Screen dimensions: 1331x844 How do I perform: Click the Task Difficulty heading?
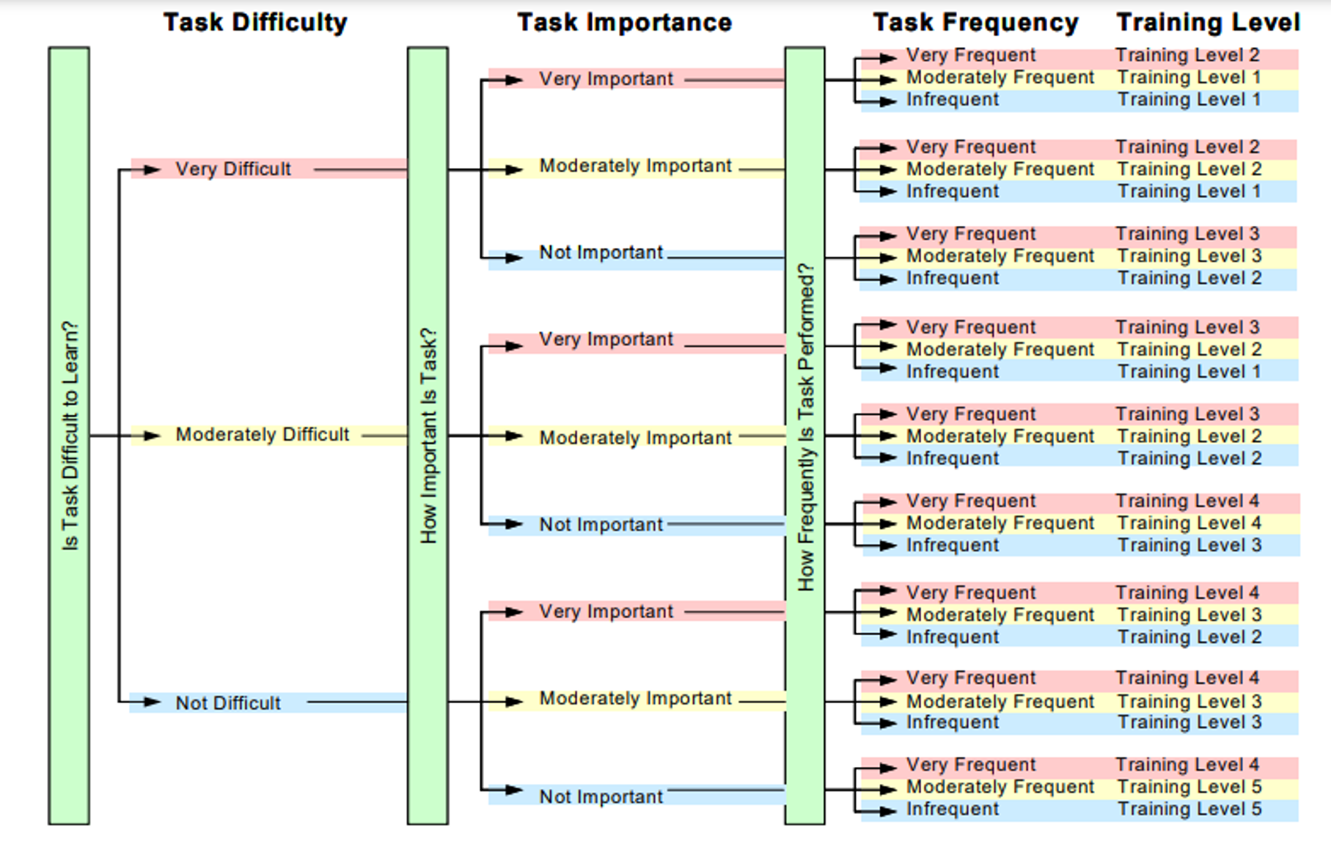(255, 23)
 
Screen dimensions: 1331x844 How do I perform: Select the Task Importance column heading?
(624, 23)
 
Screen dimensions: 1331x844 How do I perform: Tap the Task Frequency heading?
(975, 23)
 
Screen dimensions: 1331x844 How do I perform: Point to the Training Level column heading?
(1208, 23)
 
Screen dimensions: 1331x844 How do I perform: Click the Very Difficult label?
(233, 169)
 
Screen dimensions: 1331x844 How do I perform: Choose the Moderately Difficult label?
(263, 435)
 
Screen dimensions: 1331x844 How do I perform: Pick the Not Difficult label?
(228, 703)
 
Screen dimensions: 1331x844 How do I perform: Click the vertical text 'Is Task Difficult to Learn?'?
(70, 436)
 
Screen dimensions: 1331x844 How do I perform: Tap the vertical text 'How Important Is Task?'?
(428, 436)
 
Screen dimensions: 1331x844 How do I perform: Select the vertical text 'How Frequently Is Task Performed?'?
(805, 427)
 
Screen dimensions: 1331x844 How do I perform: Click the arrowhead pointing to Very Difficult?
(152, 170)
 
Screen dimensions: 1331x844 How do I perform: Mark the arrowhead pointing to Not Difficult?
(152, 702)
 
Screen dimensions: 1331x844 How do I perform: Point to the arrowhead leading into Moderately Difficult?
(152, 436)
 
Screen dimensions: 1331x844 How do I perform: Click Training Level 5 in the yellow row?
(1189, 787)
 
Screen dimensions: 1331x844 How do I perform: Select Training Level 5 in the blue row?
(1189, 809)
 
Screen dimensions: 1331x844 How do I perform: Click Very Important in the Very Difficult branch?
(606, 78)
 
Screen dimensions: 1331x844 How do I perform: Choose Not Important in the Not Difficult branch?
(601, 797)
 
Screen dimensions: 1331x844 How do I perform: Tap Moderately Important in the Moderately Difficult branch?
(635, 438)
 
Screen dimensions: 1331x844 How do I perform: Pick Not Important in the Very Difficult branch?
(601, 252)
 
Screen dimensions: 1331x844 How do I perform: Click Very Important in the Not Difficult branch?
(606, 612)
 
